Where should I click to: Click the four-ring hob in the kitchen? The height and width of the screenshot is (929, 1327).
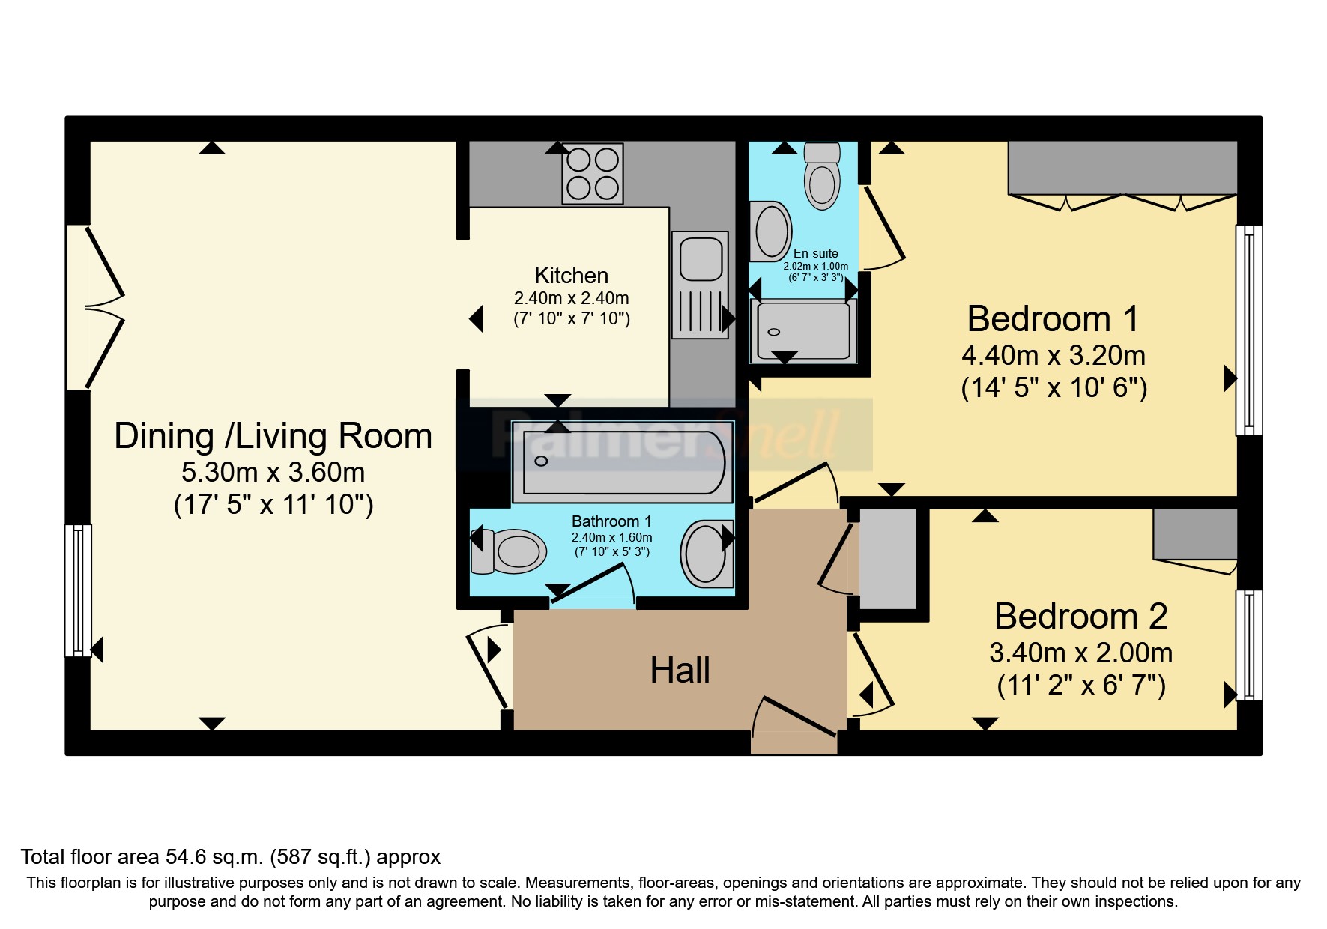click(593, 173)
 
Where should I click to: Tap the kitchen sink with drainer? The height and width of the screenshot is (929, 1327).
click(701, 285)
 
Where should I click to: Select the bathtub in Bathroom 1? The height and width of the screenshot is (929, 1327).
click(623, 462)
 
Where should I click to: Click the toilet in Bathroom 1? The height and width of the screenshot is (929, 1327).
click(507, 552)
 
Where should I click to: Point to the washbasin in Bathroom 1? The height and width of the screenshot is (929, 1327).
click(707, 554)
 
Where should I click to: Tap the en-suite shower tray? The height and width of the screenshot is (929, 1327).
click(804, 331)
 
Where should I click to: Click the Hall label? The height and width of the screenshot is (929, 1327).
click(680, 671)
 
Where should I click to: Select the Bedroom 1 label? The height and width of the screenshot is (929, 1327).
click(1053, 319)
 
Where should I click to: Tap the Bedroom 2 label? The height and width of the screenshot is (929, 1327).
click(1080, 617)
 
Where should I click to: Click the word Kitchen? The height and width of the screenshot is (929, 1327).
click(571, 275)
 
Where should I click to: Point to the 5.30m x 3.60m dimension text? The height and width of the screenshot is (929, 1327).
click(273, 472)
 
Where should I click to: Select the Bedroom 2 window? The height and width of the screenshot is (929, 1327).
click(1249, 645)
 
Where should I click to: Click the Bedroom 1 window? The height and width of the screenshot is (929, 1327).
click(1249, 330)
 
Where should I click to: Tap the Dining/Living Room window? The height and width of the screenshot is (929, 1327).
click(78, 590)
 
